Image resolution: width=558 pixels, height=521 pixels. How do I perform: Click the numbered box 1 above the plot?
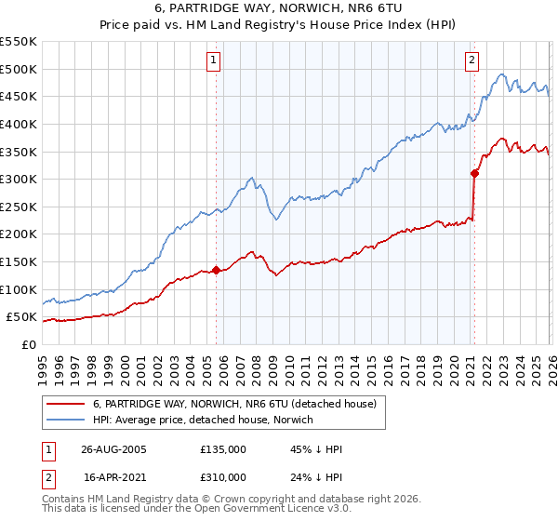point(215,60)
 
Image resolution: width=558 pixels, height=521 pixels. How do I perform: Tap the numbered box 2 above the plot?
point(472,60)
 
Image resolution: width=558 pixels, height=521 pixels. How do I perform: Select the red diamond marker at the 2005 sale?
point(217,271)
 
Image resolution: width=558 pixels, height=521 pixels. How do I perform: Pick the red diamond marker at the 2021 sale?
point(474,172)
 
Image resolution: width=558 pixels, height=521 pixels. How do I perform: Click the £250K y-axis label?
point(19,207)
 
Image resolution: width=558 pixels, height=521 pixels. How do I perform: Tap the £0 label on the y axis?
point(28,344)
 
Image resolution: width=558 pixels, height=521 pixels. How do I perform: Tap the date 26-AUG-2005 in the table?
point(113,449)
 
